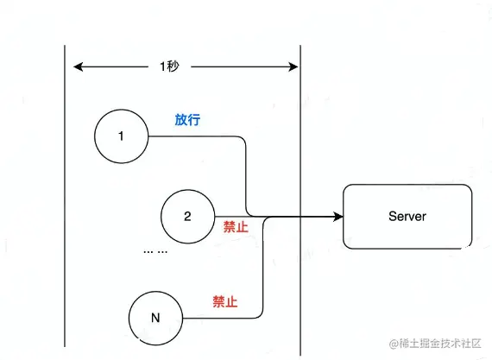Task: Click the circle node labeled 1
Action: point(122,136)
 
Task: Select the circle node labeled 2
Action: point(187,215)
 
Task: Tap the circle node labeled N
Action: point(155,318)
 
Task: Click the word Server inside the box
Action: point(408,215)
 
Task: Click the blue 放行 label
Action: point(187,120)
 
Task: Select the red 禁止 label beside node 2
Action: point(236,227)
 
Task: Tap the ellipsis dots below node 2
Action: point(155,251)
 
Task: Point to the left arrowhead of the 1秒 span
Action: point(78,66)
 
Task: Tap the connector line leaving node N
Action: point(224,318)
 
